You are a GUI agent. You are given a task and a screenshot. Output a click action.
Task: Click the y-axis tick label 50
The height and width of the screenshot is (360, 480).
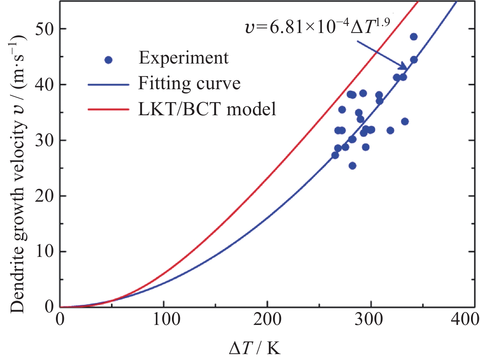pyautogui.click(x=44, y=28)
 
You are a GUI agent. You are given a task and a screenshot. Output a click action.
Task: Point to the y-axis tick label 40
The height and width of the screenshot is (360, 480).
pyautogui.click(x=44, y=84)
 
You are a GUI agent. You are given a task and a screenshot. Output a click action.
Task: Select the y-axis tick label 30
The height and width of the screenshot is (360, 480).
pyautogui.click(x=44, y=140)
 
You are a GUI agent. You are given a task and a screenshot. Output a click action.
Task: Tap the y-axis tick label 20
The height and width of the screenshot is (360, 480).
pyautogui.click(x=44, y=196)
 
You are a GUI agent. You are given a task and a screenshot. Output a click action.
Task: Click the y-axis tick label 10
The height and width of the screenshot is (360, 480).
pyautogui.click(x=44, y=251)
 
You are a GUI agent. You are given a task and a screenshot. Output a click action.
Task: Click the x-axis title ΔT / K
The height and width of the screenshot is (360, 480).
pyautogui.click(x=255, y=348)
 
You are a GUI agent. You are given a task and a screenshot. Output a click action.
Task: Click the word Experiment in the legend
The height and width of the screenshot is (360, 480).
pyautogui.click(x=183, y=58)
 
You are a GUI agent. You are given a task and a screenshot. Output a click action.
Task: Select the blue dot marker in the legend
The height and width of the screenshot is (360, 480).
pyautogui.click(x=108, y=60)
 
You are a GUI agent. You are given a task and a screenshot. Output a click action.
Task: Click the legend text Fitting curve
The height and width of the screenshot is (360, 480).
pyautogui.click(x=189, y=84)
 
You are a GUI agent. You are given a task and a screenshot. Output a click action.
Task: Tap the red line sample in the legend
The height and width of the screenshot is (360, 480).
pyautogui.click(x=108, y=109)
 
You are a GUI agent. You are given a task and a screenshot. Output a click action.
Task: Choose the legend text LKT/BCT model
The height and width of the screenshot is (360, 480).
pyautogui.click(x=207, y=109)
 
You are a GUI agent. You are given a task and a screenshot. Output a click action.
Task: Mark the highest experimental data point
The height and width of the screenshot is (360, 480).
pyautogui.click(x=414, y=37)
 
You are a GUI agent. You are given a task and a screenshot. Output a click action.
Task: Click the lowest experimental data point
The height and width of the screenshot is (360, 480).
pyautogui.click(x=352, y=166)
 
